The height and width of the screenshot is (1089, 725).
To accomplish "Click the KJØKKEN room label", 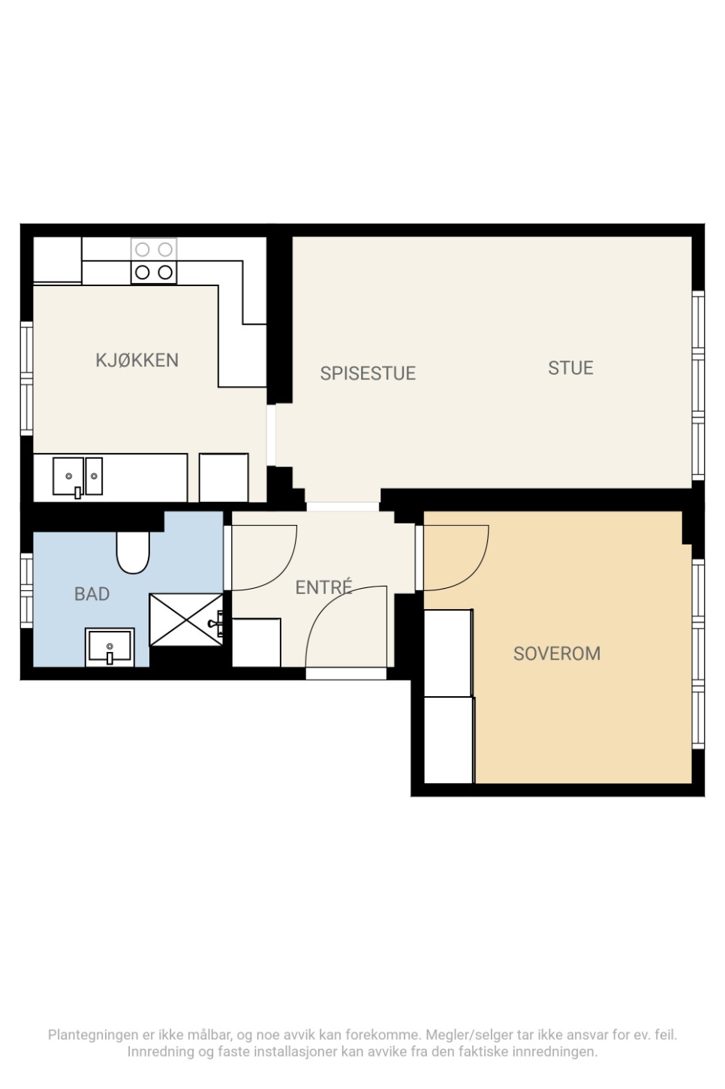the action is click(x=137, y=360).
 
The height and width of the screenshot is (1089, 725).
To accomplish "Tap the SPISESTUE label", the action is click(x=368, y=373).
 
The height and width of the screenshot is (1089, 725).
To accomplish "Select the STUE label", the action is click(x=570, y=368).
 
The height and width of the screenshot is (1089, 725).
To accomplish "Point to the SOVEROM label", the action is click(x=557, y=654).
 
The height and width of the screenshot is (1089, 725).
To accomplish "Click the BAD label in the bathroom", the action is click(x=92, y=594).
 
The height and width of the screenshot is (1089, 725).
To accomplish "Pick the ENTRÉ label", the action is click(x=323, y=587).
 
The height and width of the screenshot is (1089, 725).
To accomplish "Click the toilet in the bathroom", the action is click(x=133, y=553).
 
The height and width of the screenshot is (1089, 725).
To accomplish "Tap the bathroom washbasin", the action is click(x=110, y=647).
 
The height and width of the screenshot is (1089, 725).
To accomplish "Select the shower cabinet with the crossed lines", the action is click(x=185, y=620).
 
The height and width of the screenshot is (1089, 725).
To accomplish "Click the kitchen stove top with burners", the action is click(x=154, y=261).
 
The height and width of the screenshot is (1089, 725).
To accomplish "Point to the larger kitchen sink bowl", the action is click(x=68, y=476).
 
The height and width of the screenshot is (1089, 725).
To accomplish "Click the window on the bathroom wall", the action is click(x=26, y=590).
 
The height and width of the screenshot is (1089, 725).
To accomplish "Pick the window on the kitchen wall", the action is click(x=26, y=379).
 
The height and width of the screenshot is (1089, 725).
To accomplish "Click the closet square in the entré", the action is click(x=257, y=643).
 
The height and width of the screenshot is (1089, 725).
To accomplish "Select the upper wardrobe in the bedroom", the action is click(x=448, y=653).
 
